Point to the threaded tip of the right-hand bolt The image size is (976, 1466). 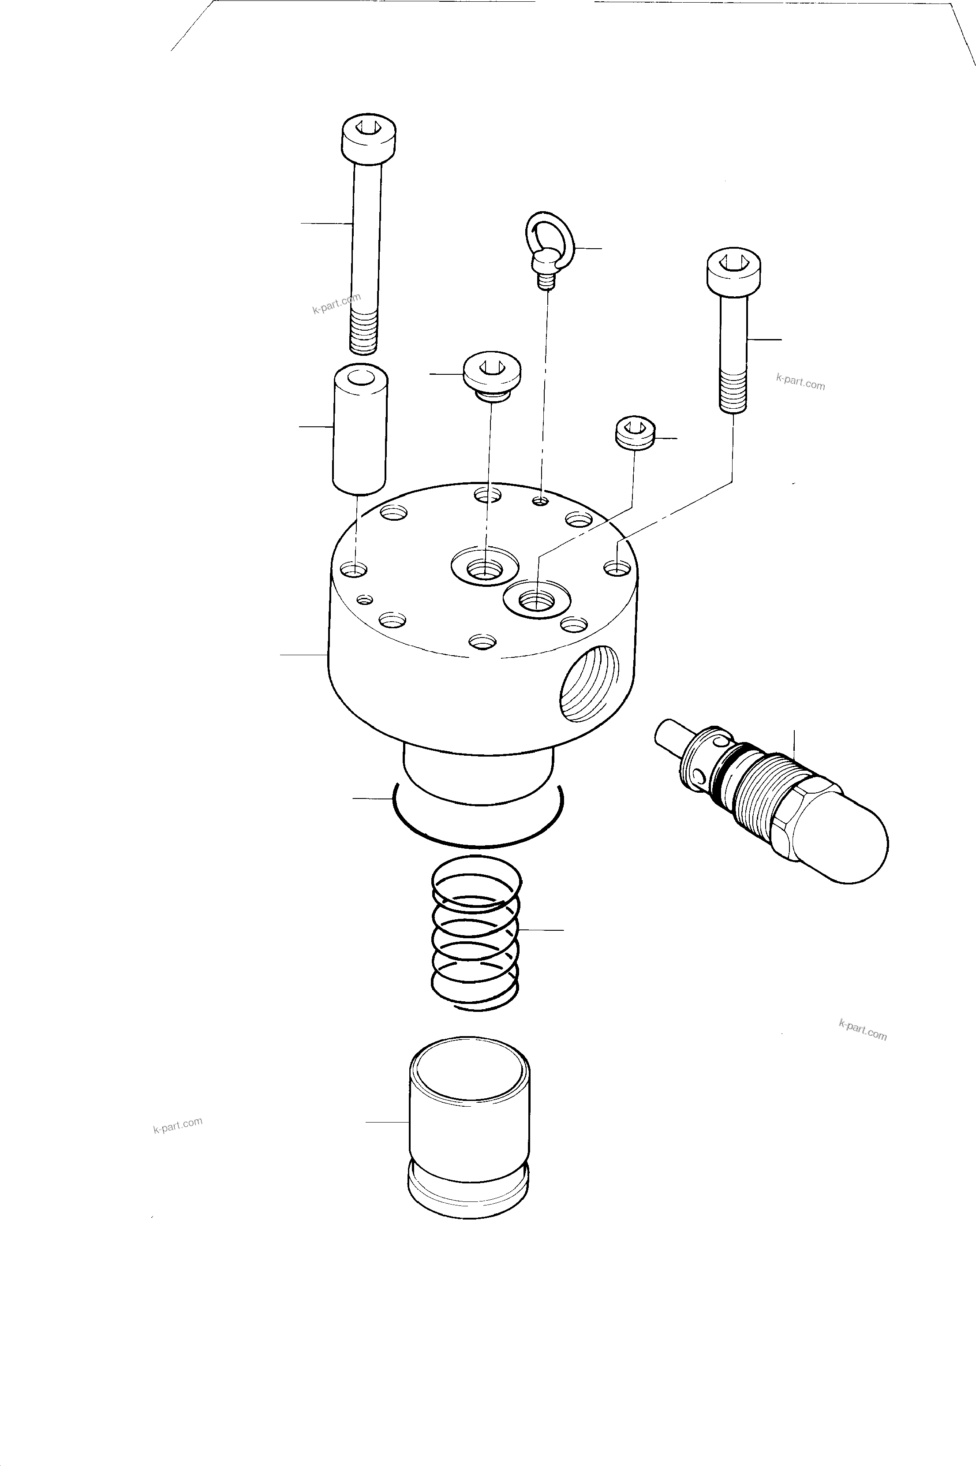[x=733, y=392]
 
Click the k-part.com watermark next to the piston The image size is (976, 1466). [x=178, y=1125]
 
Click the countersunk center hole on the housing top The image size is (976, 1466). [x=485, y=566]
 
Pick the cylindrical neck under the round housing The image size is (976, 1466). [x=478, y=775]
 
